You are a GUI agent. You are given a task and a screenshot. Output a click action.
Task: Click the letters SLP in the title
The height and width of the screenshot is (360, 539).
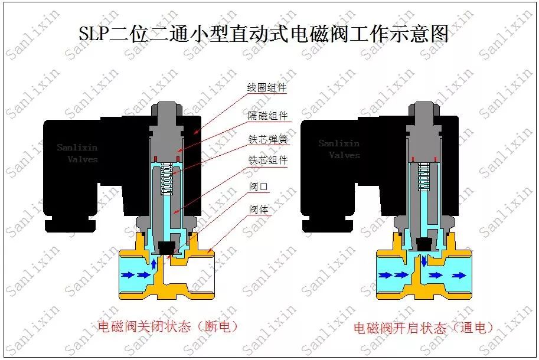click(x=94, y=34)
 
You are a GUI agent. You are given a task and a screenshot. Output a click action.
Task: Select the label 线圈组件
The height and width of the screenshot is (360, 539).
click(x=267, y=87)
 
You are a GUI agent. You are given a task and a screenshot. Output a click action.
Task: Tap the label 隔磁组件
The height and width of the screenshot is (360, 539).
click(x=268, y=116)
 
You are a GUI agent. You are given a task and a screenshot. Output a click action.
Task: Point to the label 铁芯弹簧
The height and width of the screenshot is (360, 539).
click(x=268, y=139)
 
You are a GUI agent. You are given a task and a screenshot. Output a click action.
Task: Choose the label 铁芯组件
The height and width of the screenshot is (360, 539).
click(x=268, y=160)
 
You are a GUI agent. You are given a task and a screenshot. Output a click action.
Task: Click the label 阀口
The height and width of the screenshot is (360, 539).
click(x=258, y=186)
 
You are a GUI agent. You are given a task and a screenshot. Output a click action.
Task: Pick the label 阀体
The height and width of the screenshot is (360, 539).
click(x=259, y=209)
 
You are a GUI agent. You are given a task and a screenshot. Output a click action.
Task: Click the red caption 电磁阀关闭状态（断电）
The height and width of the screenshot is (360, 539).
click(x=168, y=326)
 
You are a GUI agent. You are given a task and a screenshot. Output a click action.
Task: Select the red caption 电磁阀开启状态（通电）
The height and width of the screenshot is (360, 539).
click(x=423, y=328)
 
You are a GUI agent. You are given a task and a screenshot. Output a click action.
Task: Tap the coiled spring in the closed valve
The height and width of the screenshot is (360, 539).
click(x=166, y=179)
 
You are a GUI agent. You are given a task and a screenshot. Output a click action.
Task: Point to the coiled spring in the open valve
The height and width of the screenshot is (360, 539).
click(x=424, y=176)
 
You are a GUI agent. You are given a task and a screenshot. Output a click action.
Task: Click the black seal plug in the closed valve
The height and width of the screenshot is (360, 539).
click(x=166, y=248)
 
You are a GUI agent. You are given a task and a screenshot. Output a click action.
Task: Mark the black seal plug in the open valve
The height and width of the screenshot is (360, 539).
click(x=424, y=244)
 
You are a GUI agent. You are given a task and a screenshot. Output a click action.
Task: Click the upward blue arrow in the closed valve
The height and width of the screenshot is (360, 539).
click(x=153, y=263)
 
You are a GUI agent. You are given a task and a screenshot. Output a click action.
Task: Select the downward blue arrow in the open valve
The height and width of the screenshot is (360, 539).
click(x=424, y=261)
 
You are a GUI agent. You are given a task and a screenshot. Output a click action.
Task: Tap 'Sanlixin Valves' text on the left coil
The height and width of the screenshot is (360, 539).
click(x=77, y=153)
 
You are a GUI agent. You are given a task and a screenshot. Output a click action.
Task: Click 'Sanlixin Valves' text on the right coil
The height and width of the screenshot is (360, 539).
click(x=339, y=149)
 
